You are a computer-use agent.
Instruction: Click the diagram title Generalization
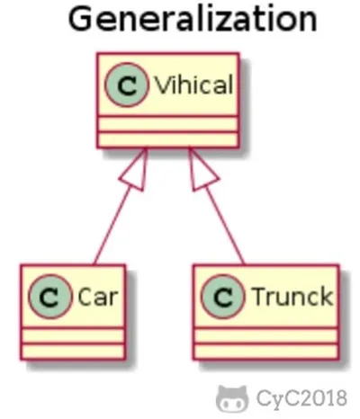click(x=193, y=19)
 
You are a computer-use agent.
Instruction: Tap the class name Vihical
click(x=193, y=85)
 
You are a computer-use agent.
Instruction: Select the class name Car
click(x=98, y=297)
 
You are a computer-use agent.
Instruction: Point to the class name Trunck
click(x=293, y=297)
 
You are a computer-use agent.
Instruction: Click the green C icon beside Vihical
click(x=127, y=85)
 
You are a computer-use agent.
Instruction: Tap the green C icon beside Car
click(x=50, y=297)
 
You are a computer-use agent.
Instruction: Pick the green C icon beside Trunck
click(x=223, y=297)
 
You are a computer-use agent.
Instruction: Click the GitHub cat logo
click(x=232, y=398)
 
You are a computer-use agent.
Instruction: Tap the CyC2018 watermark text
click(x=301, y=398)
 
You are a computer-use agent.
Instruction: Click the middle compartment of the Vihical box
click(x=168, y=123)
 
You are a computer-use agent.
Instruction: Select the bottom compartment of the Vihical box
click(x=168, y=139)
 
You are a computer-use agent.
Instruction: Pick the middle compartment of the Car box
click(x=73, y=335)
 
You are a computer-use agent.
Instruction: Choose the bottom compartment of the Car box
click(x=73, y=351)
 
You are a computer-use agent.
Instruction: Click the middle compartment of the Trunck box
click(x=265, y=335)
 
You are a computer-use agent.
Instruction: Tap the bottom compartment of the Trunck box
click(x=265, y=351)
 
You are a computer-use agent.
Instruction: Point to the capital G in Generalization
click(x=81, y=19)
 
